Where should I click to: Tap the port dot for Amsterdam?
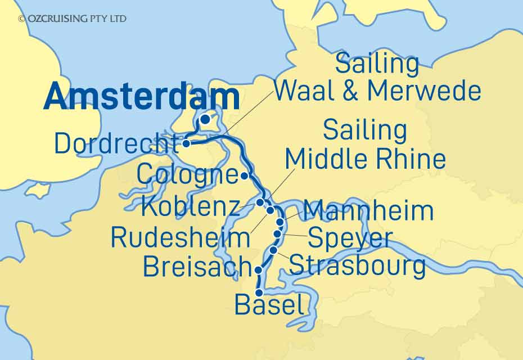[206, 119]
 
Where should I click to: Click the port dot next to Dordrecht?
[187, 144]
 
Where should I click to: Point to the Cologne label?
[188, 175]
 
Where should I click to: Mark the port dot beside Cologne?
[245, 176]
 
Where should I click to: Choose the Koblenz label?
[191, 207]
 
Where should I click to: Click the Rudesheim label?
[180, 237]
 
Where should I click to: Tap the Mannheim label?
[368, 211]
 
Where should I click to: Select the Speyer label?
[350, 238]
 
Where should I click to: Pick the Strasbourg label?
[357, 265]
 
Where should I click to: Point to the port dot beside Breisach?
[259, 270]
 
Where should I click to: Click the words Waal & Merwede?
[378, 91]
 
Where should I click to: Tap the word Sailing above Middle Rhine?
[365, 130]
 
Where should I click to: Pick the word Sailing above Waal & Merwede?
[377, 64]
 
